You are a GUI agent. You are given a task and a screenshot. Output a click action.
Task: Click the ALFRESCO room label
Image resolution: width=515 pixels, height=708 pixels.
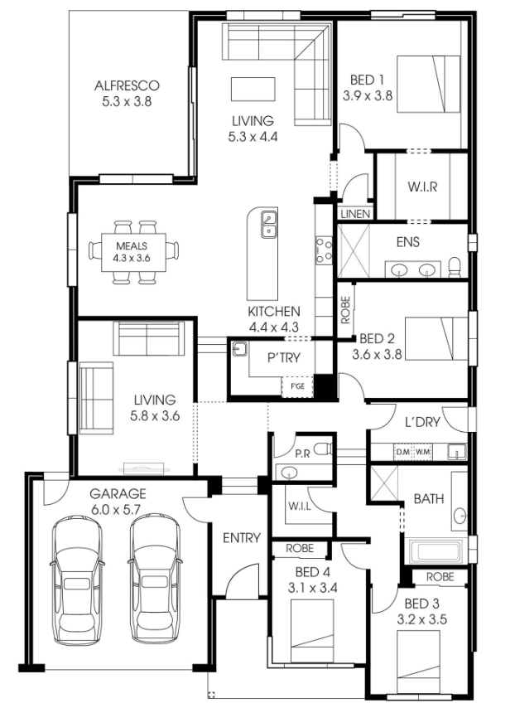pyautogui.click(x=127, y=85)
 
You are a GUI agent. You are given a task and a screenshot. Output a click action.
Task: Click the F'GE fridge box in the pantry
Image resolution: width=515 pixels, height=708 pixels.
pyautogui.click(x=297, y=386)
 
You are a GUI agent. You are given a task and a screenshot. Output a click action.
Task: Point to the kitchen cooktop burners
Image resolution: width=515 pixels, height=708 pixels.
pyautogui.click(x=324, y=250)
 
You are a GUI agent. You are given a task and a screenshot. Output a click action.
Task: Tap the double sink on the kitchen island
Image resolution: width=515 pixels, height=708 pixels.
pyautogui.click(x=269, y=225)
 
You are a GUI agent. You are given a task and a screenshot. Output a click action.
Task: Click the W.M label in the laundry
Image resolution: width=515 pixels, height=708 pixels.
pyautogui.click(x=422, y=452)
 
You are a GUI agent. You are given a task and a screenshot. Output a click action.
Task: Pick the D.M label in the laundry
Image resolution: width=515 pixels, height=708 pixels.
pyautogui.click(x=402, y=452)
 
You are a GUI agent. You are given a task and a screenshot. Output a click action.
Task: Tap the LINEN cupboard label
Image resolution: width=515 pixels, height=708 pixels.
pyautogui.click(x=355, y=214)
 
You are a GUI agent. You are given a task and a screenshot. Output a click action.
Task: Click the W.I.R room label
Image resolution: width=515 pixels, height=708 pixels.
pyautogui.click(x=422, y=187)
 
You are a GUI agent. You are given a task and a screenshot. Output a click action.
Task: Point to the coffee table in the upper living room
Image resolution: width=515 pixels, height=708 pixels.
pyautogui.click(x=253, y=89)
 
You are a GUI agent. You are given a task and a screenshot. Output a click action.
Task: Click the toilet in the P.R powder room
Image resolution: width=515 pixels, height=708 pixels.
pyautogui.click(x=323, y=449)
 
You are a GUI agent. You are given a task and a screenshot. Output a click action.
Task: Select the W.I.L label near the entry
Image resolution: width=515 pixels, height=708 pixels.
pyautogui.click(x=300, y=507)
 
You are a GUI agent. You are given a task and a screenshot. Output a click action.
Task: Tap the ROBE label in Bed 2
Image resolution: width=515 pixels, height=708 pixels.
pyautogui.click(x=345, y=310)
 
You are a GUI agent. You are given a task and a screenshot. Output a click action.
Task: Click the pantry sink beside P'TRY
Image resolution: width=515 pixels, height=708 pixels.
pyautogui.click(x=239, y=349)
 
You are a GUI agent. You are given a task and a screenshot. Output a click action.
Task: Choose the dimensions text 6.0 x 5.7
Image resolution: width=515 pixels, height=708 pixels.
pyautogui.click(x=116, y=510)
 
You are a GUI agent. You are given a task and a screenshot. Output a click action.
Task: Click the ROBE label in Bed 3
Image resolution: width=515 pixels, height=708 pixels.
pyautogui.click(x=440, y=577)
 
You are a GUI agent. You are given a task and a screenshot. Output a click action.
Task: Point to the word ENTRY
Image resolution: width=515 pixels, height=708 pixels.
pyautogui.click(x=242, y=538)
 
